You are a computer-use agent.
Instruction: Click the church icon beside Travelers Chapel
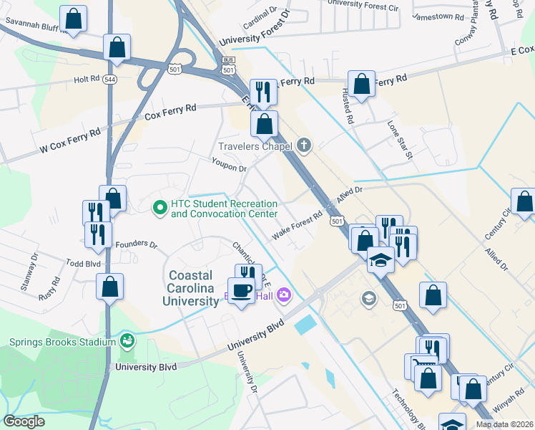point(304,146)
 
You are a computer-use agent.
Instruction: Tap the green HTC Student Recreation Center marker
point(159,208)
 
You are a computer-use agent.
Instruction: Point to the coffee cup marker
point(241,290)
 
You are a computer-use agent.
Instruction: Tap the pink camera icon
point(285,295)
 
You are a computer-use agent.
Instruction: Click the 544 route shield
point(109,79)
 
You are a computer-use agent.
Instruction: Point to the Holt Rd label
point(88,80)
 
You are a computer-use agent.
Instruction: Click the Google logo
point(24,421)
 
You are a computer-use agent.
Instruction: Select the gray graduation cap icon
point(369,298)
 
